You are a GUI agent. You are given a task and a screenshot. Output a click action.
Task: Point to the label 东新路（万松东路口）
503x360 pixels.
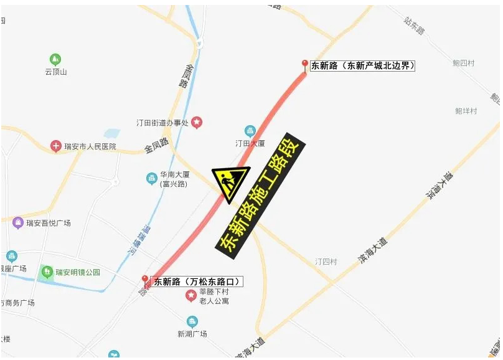point(197,282)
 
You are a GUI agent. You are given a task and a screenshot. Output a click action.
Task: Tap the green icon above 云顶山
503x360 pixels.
point(55,60)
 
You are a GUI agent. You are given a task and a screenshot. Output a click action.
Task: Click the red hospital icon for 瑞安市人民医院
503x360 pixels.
point(56,146)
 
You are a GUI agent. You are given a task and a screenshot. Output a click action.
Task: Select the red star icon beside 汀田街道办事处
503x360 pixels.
point(197,123)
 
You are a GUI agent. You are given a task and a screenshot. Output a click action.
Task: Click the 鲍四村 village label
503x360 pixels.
point(464,63)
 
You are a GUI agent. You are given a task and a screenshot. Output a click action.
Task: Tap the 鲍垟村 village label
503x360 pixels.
point(466,111)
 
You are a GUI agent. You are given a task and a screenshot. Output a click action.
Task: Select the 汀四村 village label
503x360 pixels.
point(326,262)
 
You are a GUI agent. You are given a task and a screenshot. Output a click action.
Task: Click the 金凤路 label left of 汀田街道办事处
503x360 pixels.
point(156,146)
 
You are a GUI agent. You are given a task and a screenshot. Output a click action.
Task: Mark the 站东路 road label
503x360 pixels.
point(414,26)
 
